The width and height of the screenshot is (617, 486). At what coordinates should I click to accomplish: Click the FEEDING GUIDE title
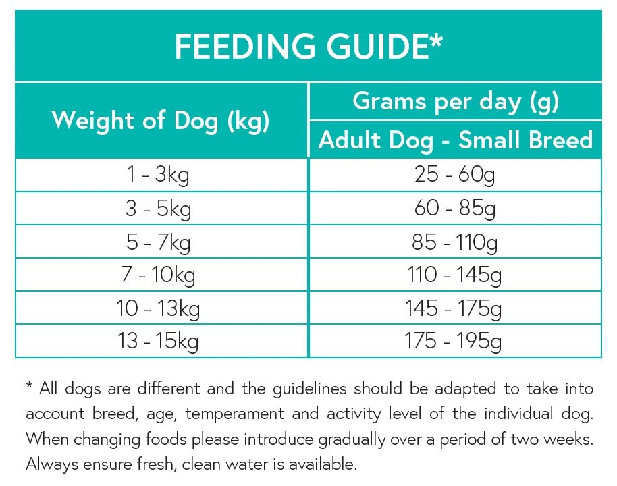pyautogui.click(x=308, y=47)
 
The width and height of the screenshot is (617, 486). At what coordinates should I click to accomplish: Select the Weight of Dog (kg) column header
pyautogui.click(x=161, y=121)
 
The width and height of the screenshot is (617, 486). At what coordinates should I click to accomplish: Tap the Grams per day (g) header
pyautogui.click(x=456, y=102)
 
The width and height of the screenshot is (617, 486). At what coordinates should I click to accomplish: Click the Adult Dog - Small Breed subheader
pyautogui.click(x=456, y=140)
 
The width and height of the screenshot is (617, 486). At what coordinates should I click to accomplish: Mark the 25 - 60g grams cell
pyautogui.click(x=455, y=175)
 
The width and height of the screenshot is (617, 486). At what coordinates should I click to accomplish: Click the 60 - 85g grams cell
pyautogui.click(x=455, y=209)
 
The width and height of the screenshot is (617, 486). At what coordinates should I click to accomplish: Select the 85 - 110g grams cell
pyautogui.click(x=455, y=242)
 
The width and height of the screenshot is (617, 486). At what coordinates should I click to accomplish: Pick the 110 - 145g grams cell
pyautogui.click(x=455, y=275)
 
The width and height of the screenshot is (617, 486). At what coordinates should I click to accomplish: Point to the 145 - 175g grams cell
pyautogui.click(x=455, y=308)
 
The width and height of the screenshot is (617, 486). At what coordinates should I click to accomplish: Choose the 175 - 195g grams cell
pyautogui.click(x=455, y=342)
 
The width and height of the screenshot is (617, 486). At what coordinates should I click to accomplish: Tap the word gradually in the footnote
pyautogui.click(x=368, y=439)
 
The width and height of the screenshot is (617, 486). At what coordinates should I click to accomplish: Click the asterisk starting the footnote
pyautogui.click(x=29, y=386)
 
